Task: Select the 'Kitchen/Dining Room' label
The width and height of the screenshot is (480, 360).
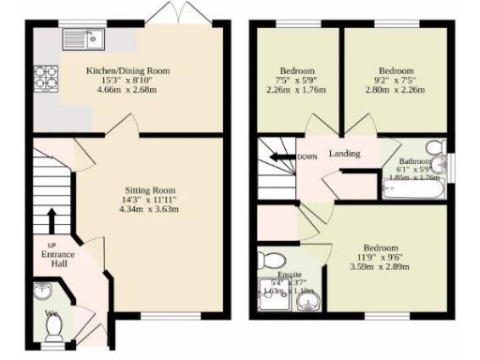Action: tap(128, 70)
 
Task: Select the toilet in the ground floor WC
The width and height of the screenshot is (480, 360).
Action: tap(55, 323)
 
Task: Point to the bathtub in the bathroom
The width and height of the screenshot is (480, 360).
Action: tap(413, 189)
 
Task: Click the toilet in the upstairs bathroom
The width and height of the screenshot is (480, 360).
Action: tap(434, 150)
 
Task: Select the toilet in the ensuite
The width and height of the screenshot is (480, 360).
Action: tap(270, 260)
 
